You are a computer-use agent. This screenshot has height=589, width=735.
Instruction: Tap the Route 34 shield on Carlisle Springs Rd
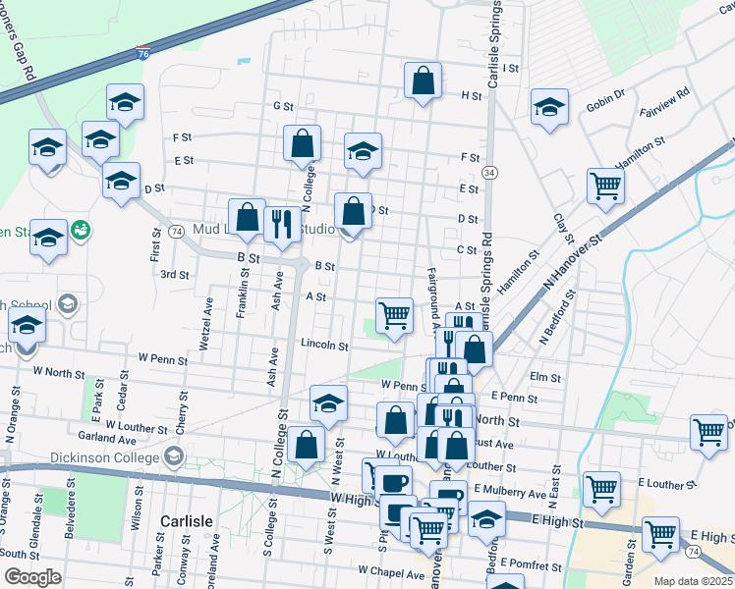coord(489,173)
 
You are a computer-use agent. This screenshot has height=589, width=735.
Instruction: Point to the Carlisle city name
coord(187,519)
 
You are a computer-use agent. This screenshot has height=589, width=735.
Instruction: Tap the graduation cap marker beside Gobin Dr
coord(550,108)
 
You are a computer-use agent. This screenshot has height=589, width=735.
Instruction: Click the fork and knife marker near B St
coord(282,225)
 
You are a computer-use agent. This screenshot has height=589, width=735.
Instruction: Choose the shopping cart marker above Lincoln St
coord(394,316)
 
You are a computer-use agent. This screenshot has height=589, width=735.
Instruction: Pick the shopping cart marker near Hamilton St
coord(606,186)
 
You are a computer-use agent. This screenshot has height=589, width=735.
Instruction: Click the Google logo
coord(32,577)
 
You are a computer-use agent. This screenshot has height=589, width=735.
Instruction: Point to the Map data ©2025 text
coord(693,581)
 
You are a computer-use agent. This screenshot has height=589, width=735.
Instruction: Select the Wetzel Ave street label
coord(207,318)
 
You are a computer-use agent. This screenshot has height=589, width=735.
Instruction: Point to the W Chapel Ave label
coord(391,570)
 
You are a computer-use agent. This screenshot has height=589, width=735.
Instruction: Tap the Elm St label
coord(543,376)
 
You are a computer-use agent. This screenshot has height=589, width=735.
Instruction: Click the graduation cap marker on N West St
coord(329,402)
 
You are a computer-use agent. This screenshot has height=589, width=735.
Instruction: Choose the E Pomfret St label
coord(531,564)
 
